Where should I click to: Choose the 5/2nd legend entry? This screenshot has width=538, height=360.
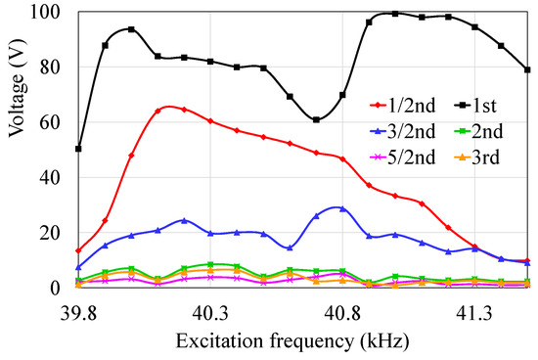pyautogui.click(x=400, y=157)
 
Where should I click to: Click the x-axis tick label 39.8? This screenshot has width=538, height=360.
pyautogui.click(x=78, y=312)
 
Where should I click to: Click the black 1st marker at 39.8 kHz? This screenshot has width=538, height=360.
pyautogui.click(x=78, y=149)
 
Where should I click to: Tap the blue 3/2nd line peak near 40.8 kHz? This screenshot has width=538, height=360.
pyautogui.click(x=339, y=208)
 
